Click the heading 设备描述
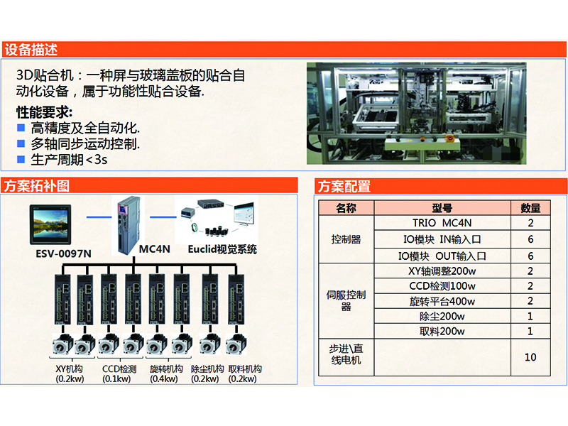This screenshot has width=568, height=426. (31, 50)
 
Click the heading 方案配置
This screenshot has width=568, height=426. (344, 187)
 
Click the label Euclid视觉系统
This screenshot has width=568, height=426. (222, 249)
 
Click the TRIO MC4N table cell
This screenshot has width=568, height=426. (442, 223)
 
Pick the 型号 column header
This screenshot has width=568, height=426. (442, 208)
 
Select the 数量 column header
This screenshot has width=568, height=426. (530, 208)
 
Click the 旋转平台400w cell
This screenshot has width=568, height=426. (442, 301)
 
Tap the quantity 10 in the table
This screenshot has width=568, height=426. (530, 357)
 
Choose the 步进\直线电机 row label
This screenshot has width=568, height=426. (346, 354)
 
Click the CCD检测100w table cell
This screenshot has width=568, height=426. (442, 285)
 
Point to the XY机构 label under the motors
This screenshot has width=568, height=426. (70, 369)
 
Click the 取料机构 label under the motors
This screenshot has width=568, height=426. (245, 369)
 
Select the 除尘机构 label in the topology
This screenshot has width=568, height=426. (207, 369)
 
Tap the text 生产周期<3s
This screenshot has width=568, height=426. (69, 159)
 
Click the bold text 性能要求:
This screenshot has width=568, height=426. (44, 113)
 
